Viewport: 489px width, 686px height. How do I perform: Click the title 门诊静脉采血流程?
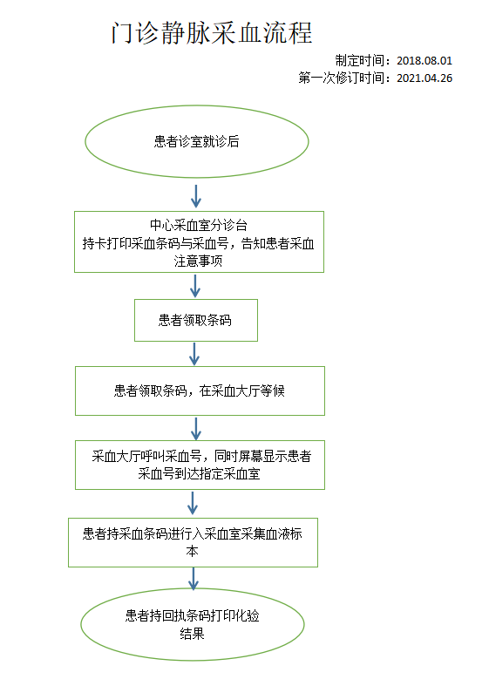point(212,33)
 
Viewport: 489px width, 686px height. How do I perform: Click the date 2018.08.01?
point(424,60)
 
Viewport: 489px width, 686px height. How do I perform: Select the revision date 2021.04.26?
point(424,78)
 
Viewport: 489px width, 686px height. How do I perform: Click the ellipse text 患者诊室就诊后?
point(196,141)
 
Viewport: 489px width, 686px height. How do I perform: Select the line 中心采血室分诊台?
point(199,225)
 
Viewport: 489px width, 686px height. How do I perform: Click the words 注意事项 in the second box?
point(198,261)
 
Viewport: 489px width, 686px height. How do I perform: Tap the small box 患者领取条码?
point(196,320)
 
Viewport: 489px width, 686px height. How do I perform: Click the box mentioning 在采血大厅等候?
point(200,391)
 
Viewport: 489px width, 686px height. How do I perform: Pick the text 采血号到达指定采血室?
point(199,474)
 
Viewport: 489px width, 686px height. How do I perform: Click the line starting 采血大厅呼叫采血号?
point(201,456)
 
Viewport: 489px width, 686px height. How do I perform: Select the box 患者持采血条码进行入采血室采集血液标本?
point(193,542)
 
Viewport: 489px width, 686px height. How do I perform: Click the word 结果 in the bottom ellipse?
point(192,634)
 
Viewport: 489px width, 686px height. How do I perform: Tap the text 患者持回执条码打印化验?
point(192,615)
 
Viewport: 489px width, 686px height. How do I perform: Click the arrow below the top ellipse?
point(196,196)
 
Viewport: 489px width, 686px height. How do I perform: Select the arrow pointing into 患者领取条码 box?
point(195,286)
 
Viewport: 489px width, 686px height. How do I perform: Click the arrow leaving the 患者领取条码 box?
point(194,354)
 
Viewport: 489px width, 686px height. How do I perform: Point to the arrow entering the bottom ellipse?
point(194,579)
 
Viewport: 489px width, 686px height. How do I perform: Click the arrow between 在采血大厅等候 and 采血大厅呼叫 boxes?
point(196,428)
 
